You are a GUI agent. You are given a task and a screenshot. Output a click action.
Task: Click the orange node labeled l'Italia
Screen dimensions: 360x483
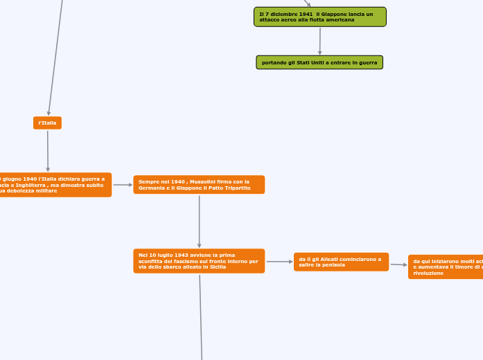pos(47,123)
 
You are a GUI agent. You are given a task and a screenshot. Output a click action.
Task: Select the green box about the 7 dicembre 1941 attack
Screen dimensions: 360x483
pos(319,17)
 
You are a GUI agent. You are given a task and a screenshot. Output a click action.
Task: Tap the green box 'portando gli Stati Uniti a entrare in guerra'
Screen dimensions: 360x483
pos(319,62)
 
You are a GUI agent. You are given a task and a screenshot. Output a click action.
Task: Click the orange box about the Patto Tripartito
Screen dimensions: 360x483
pos(199,185)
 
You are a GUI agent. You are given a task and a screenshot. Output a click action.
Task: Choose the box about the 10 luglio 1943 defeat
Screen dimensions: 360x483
pos(199,261)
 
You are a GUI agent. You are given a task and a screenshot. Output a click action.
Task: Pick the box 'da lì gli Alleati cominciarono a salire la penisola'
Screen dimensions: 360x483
pos(341,262)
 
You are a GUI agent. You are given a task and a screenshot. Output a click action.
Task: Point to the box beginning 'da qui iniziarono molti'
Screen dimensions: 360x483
pos(445,267)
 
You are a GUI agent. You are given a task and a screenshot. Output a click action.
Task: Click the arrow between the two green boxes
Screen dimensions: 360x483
pos(319,42)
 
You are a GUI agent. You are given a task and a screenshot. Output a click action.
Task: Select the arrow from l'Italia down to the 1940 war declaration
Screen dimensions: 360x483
pos(47,150)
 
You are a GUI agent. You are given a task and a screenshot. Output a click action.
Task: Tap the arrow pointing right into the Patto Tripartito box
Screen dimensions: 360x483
pos(123,185)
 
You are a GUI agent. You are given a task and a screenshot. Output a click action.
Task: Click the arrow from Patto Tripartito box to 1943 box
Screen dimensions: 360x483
pos(199,221)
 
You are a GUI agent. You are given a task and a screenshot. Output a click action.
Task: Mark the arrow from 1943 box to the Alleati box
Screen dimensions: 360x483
pos(279,262)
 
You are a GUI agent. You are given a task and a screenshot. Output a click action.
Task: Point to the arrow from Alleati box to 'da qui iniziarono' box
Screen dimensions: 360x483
pos(398,264)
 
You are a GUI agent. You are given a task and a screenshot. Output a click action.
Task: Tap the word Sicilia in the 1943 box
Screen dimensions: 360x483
pos(217,267)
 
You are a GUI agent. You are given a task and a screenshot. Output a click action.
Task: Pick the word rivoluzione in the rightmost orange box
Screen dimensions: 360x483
pos(428,273)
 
